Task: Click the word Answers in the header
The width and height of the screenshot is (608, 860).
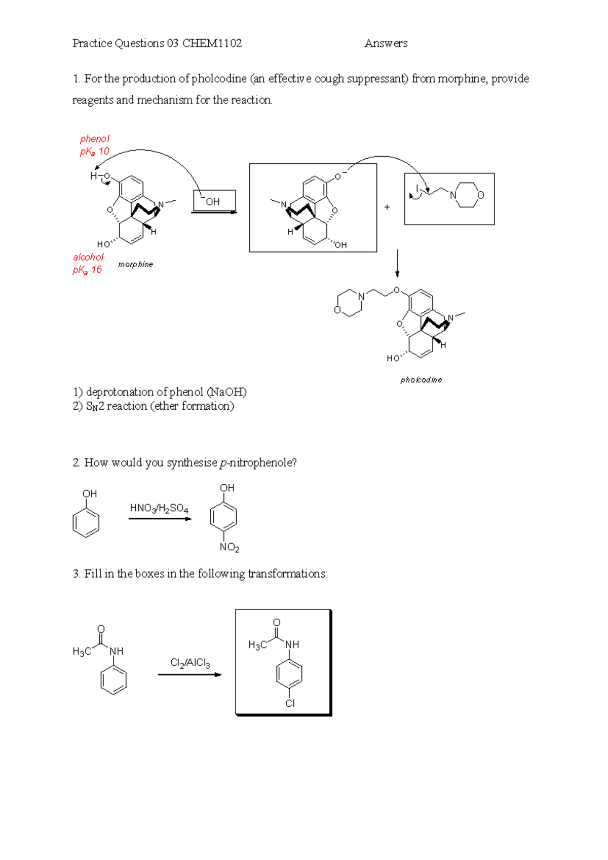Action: (x=386, y=44)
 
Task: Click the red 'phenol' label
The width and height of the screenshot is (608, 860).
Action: (x=95, y=139)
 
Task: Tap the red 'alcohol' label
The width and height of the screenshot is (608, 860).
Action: (x=88, y=257)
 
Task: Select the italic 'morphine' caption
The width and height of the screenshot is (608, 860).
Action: (x=135, y=264)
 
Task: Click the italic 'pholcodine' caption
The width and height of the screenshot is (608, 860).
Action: (x=421, y=380)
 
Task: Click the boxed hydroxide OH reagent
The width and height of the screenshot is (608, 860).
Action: (x=213, y=201)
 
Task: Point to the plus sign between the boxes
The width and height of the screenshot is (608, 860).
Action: (x=387, y=207)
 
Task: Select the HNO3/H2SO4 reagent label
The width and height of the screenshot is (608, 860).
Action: (x=159, y=508)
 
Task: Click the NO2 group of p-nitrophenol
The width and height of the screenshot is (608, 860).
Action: (x=229, y=547)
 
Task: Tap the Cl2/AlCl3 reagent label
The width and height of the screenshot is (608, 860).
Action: (x=190, y=663)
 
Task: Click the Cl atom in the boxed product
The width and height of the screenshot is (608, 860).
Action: (x=290, y=703)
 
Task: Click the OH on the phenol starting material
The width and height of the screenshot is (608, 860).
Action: (x=90, y=494)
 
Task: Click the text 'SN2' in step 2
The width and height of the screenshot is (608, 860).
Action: (x=95, y=406)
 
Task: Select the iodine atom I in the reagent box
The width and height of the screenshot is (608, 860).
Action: (x=417, y=189)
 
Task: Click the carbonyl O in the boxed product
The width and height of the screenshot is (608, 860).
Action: (x=277, y=622)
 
